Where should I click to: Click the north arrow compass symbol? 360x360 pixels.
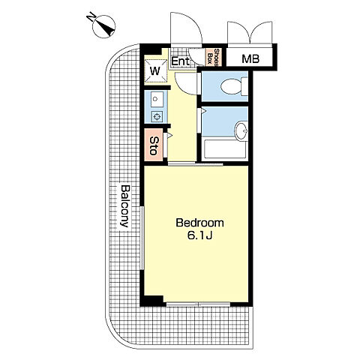point(104,27)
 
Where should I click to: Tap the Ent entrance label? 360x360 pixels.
point(181,61)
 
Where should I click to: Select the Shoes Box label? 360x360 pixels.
point(213,57)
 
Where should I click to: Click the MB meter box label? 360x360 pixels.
point(250,58)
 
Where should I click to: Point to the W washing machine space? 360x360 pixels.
point(155,71)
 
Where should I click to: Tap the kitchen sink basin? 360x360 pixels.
point(157,99)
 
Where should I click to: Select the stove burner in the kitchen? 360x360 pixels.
point(157,116)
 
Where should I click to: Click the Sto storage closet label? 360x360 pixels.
point(153,145)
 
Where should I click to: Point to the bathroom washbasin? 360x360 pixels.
point(241,130)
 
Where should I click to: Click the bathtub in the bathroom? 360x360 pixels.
point(225,149)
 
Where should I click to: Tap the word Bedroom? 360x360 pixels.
point(199,223)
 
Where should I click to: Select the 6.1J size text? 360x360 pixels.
point(199,235)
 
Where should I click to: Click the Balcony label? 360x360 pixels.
point(125,206)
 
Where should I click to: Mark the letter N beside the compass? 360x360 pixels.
point(91,17)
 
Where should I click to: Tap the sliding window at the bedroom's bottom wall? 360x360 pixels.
point(198,304)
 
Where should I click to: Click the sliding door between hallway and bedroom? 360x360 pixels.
point(195,164)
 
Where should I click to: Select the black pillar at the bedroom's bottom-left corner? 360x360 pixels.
point(152,301)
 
